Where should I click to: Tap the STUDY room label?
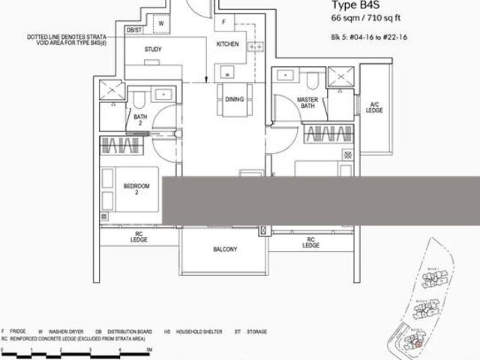click(x=153, y=49)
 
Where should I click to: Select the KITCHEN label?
click(x=228, y=44)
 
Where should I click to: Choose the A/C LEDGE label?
click(x=375, y=107)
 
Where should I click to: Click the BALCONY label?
click(x=224, y=250)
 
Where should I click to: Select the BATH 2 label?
click(x=140, y=121)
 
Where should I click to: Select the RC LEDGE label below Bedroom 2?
click(x=139, y=237)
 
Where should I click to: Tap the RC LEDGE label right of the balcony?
click(x=310, y=242)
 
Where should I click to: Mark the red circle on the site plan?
click(x=418, y=343)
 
